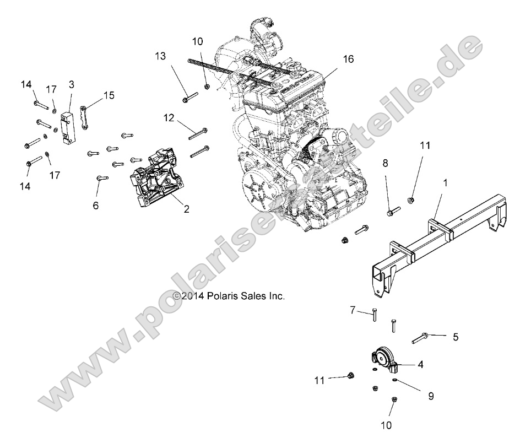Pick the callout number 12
(168, 117)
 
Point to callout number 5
(456, 337)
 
